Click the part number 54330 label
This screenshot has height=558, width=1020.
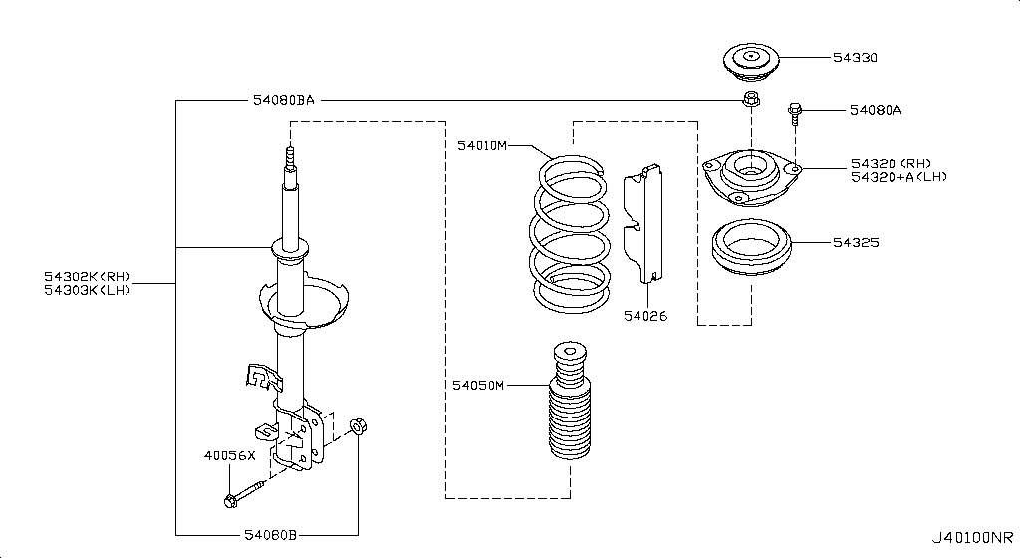pos(855,58)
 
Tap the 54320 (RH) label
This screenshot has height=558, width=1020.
pos(889,163)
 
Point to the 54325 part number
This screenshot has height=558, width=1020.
pos(855,242)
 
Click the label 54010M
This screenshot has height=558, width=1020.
pos(482,146)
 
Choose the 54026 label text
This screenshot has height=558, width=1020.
pos(645,316)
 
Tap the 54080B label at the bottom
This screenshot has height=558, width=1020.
pos(271,535)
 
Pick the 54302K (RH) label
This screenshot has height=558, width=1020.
pos(87,276)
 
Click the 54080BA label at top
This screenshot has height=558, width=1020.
pos(282,101)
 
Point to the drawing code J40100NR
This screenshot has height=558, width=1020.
pos(972,539)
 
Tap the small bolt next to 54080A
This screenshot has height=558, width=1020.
pos(795,113)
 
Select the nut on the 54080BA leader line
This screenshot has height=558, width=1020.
pos(752,99)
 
